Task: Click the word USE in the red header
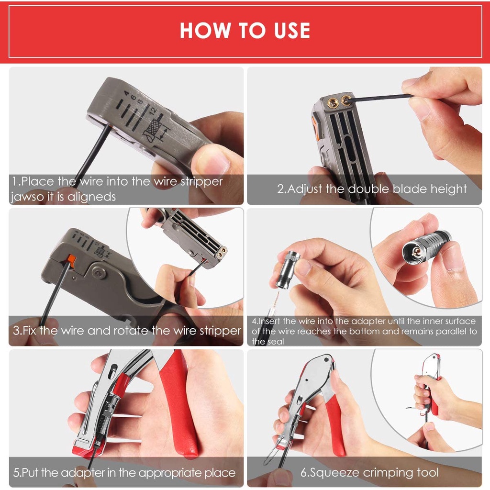tap(292, 30)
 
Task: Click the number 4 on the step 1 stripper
tap(126, 93)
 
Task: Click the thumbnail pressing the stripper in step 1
tap(212, 159)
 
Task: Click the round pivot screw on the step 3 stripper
tap(99, 273)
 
